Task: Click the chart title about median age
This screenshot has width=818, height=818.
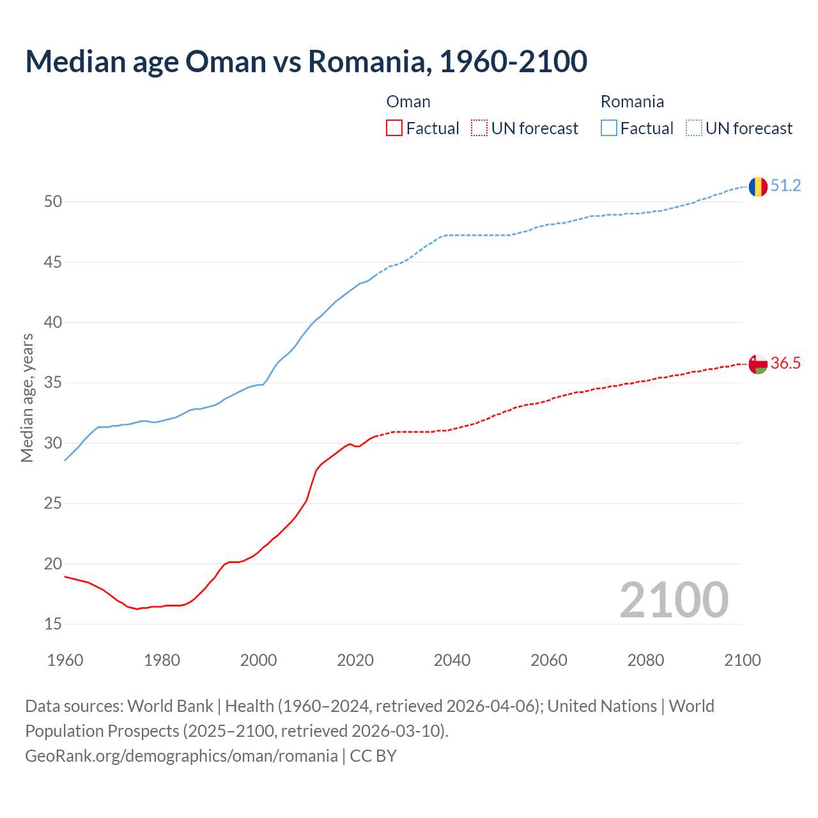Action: [305, 61]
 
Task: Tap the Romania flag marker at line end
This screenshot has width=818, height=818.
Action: [758, 187]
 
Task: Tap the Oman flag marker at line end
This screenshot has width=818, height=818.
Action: [758, 364]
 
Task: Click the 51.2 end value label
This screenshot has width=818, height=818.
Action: [785, 186]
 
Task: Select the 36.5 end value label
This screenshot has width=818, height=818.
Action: [785, 364]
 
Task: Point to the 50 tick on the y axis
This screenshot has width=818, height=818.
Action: [53, 202]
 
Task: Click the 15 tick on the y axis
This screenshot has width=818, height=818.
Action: [53, 624]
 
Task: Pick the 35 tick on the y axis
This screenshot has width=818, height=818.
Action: [53, 383]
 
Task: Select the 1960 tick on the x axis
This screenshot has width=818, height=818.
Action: [65, 660]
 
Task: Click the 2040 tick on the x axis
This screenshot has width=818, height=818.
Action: [452, 660]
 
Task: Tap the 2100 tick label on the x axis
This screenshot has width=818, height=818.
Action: [743, 660]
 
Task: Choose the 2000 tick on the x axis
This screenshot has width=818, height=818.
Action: [259, 660]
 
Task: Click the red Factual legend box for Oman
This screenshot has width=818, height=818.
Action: [394, 128]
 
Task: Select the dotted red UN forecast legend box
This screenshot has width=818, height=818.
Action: [479, 128]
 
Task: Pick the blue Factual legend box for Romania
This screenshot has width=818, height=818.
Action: [609, 128]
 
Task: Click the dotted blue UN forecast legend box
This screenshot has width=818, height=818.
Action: [694, 128]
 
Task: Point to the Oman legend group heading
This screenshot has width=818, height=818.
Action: [408, 102]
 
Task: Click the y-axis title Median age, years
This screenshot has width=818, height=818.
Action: [27, 397]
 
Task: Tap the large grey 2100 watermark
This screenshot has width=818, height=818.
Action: [674, 599]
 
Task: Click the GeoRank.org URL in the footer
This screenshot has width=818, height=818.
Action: [181, 756]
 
